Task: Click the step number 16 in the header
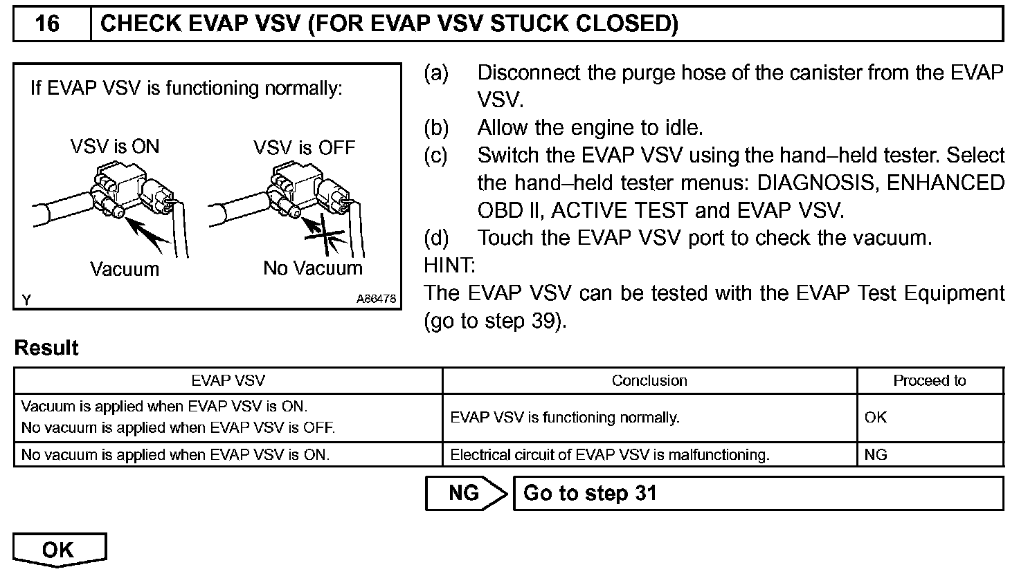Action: [47, 24]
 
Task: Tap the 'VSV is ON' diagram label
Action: [115, 147]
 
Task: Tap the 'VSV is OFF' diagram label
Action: [304, 147]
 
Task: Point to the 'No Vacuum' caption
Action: [313, 268]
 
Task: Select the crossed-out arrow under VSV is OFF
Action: [323, 236]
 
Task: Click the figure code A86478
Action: [377, 299]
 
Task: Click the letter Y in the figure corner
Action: [26, 299]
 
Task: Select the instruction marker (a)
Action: [436, 73]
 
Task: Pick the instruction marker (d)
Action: [436, 238]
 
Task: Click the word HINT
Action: [449, 266]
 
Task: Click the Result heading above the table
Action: [46, 348]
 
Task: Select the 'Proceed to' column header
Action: [929, 380]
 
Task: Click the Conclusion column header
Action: [649, 380]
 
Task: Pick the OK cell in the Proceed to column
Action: [876, 418]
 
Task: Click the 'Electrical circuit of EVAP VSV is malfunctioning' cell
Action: [610, 455]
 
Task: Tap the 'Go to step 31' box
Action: [758, 493]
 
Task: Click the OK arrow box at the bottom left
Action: [58, 550]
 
